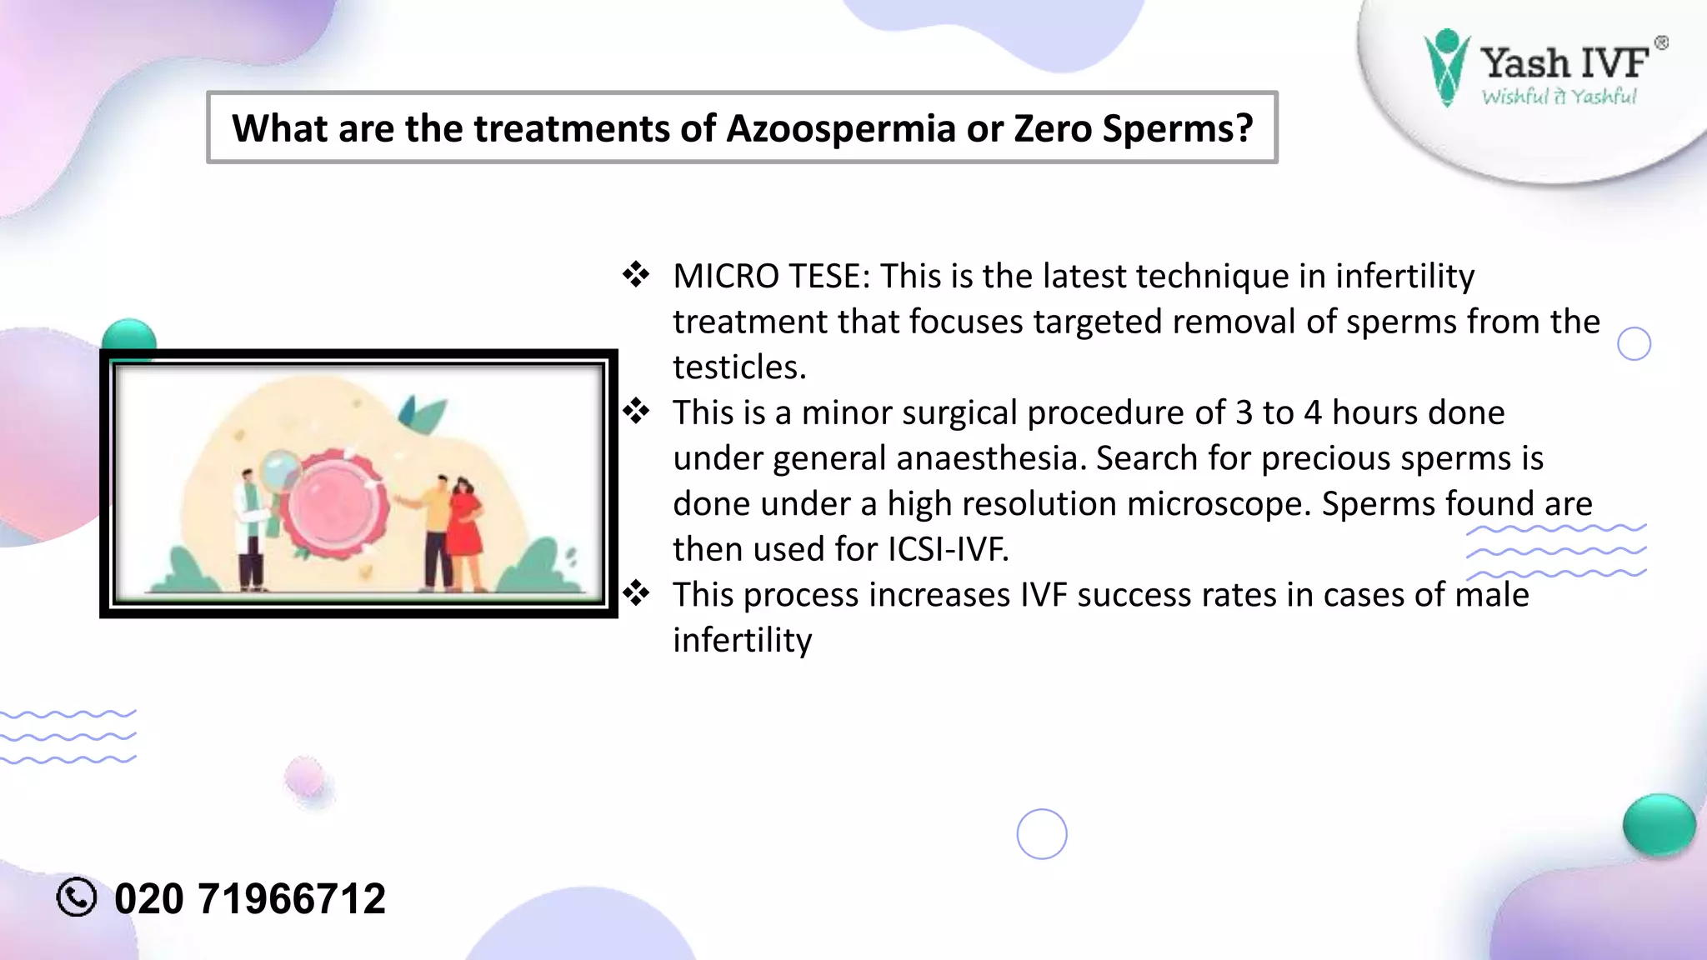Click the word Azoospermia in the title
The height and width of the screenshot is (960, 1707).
840,129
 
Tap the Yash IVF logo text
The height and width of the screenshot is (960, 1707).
1564,63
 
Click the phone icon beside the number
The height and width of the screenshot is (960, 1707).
77,897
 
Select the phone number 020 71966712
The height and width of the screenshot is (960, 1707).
249,899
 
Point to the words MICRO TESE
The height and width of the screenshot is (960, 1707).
770,277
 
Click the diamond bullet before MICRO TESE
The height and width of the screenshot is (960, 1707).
636,275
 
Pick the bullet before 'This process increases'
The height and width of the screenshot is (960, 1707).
636,594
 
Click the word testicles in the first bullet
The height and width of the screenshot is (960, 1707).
738,367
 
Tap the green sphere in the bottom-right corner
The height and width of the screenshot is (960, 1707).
1659,825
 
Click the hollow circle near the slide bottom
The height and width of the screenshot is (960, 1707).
1042,834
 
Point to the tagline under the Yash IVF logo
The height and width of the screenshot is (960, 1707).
1559,97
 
